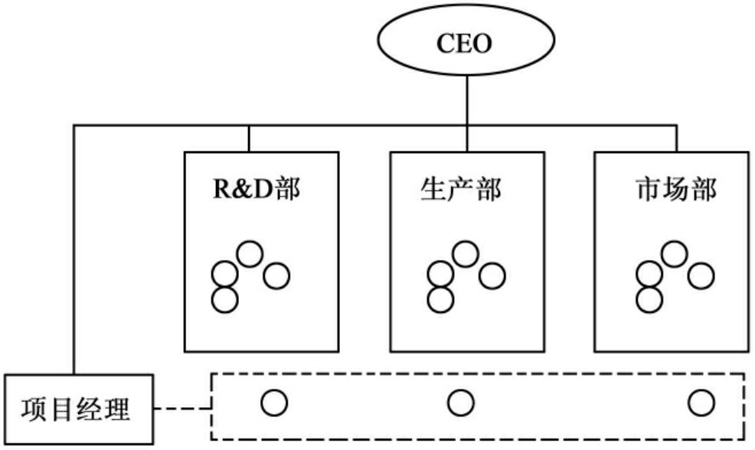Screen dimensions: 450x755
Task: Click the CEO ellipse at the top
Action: click(464, 43)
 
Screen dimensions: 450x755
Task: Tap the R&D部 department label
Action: click(256, 189)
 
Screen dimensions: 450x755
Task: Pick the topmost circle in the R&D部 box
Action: click(250, 253)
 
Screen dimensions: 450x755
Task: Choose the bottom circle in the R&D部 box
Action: click(224, 298)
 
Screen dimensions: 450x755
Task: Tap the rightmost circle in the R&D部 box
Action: click(276, 276)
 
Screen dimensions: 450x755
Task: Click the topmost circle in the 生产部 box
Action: click(465, 253)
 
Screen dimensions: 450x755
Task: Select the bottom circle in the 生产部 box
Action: click(440, 298)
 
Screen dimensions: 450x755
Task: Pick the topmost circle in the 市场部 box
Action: click(674, 253)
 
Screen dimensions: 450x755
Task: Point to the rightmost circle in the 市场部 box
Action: click(700, 274)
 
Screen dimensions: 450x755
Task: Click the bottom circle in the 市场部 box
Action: click(649, 298)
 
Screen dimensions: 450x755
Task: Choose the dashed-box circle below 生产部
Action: click(461, 401)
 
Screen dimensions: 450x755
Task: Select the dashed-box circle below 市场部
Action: click(700, 401)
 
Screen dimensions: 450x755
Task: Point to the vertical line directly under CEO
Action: click(466, 99)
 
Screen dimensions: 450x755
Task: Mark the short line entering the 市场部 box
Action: click(677, 138)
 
